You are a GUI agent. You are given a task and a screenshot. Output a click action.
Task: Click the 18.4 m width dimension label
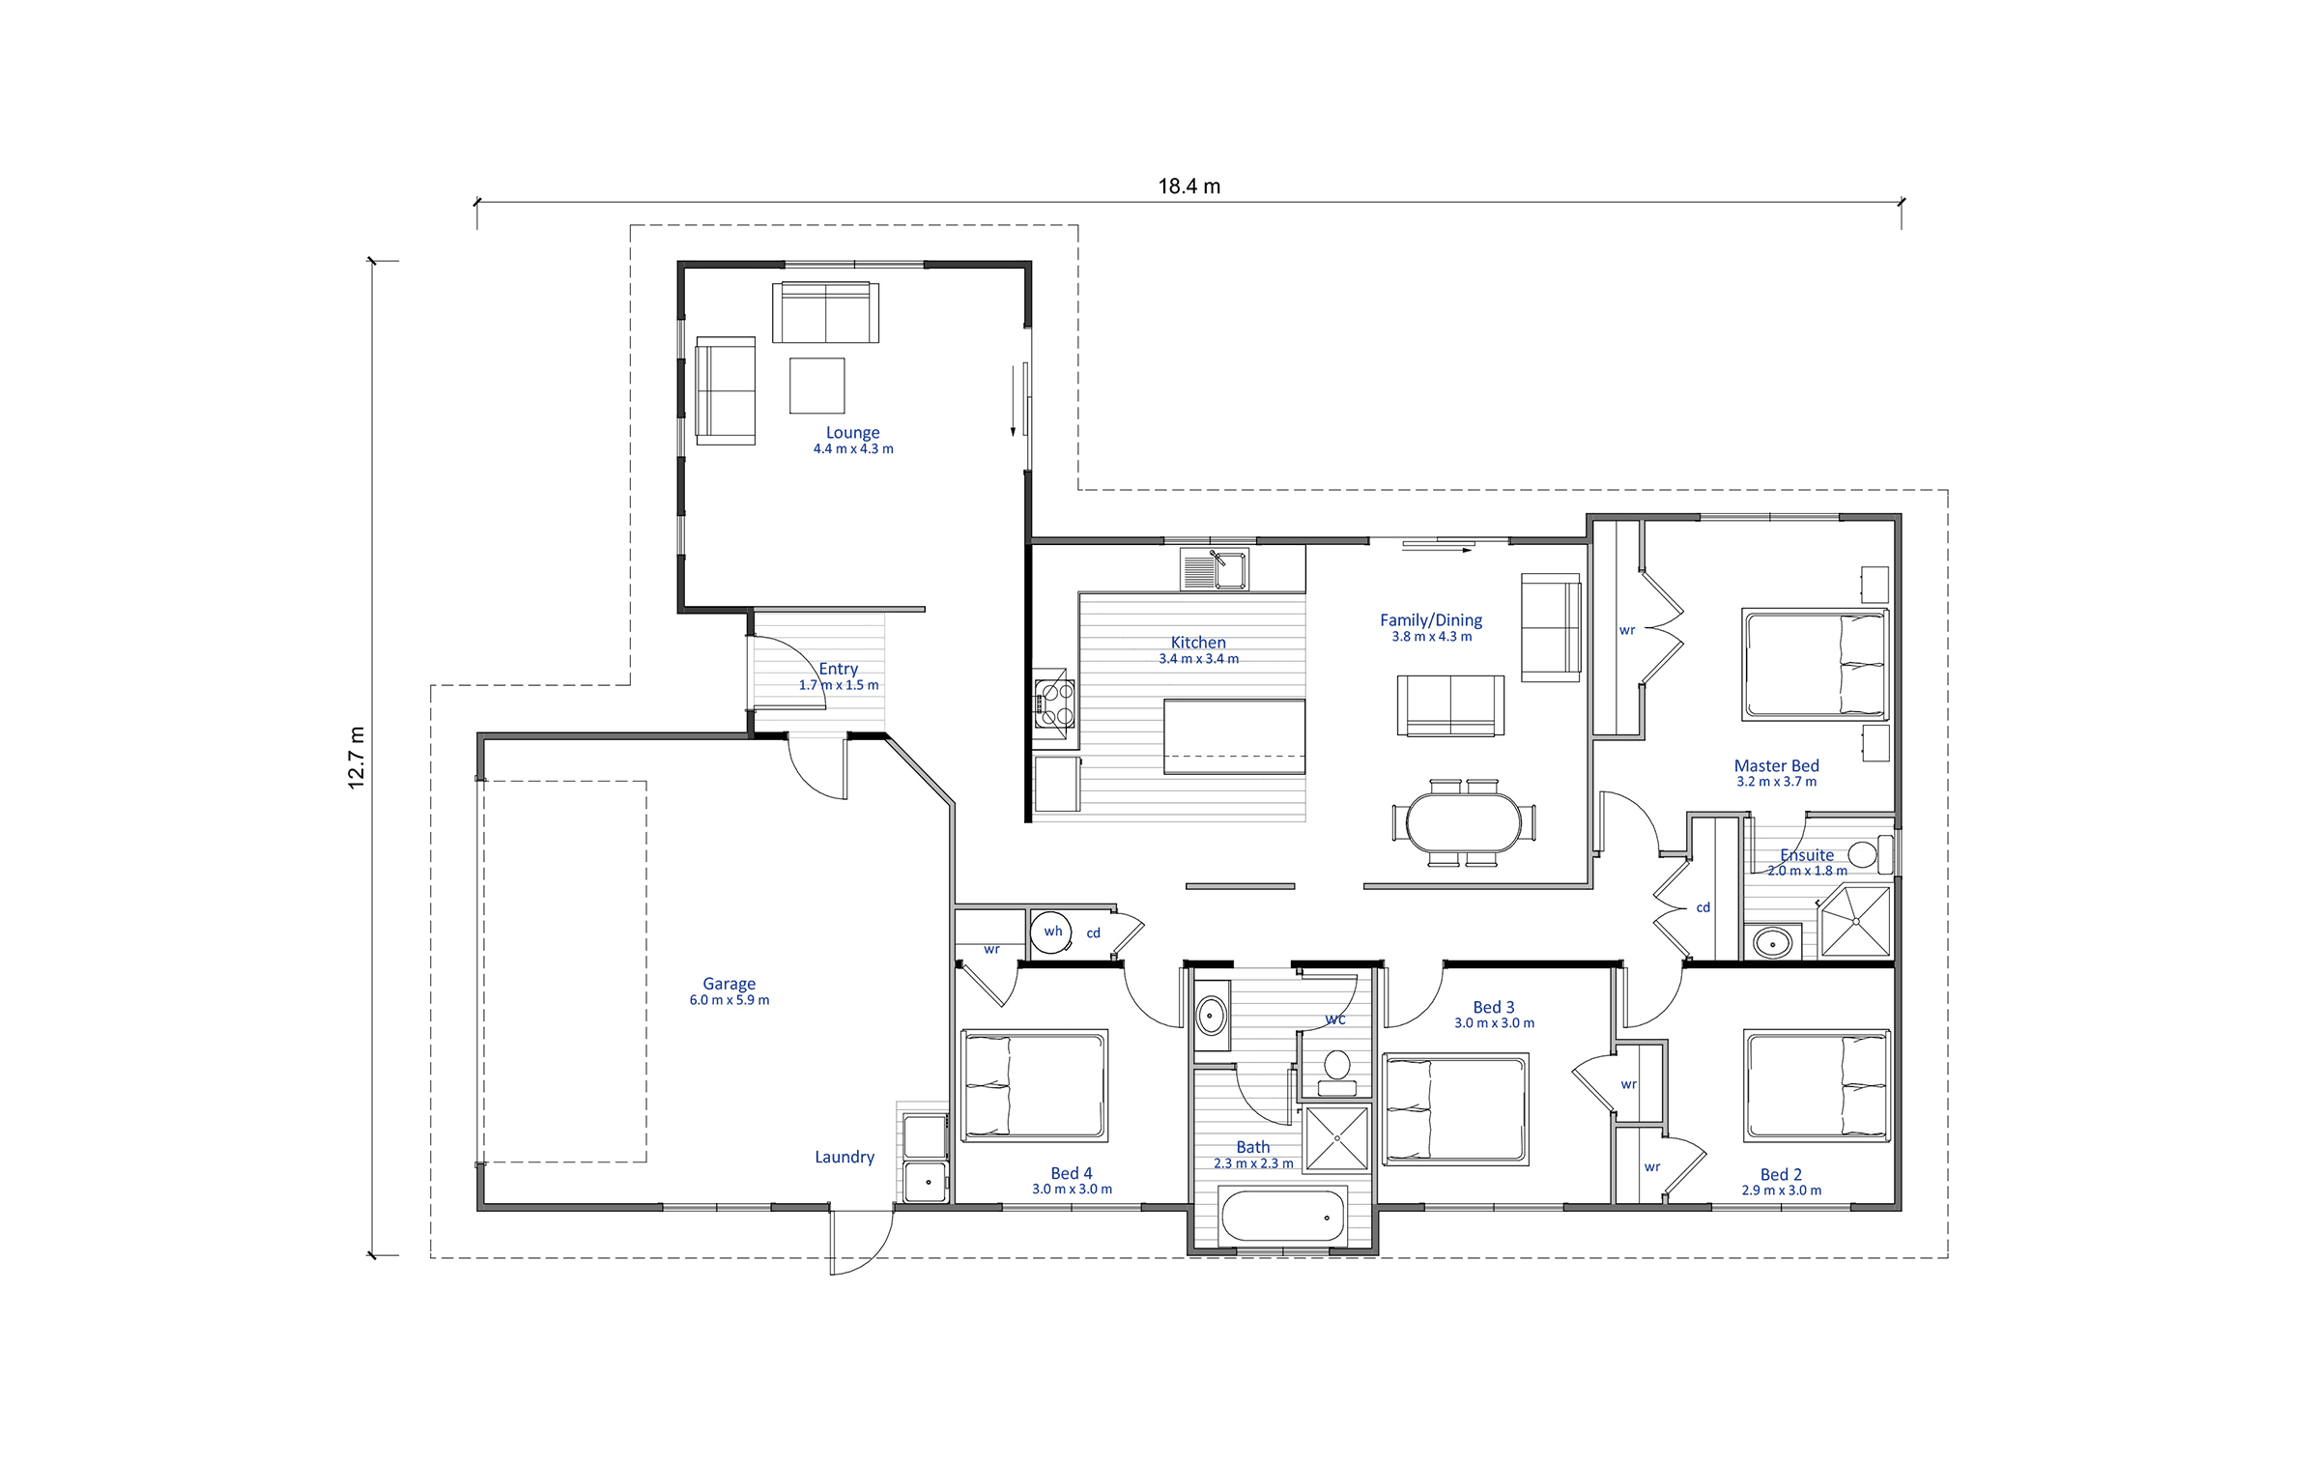(1188, 186)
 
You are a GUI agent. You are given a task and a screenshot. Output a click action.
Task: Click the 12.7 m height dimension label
(357, 758)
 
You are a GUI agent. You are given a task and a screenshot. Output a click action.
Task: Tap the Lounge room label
(852, 432)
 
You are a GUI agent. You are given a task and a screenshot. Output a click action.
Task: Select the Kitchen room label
(1198, 642)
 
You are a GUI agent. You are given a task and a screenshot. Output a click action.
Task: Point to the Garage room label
(729, 983)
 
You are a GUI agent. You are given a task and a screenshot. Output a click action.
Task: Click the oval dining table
(1464, 822)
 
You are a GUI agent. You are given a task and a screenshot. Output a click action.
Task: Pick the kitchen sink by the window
(1215, 569)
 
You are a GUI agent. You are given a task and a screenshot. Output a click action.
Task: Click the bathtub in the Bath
(1283, 1216)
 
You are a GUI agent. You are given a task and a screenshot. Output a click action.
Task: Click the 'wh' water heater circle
(1052, 932)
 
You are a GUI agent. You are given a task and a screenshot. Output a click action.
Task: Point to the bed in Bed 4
(1034, 1085)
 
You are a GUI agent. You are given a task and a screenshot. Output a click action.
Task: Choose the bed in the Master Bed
(1816, 664)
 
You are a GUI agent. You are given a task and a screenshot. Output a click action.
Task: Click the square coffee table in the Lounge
(816, 386)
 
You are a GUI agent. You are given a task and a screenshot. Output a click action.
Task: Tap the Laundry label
(845, 1157)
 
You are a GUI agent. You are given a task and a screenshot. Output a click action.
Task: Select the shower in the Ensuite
(1855, 921)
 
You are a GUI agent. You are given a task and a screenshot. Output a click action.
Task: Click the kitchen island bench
(1234, 737)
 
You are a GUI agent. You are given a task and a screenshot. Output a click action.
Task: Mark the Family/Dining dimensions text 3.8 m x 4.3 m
(1431, 637)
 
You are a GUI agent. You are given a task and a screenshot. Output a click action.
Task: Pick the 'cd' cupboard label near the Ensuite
(1703, 907)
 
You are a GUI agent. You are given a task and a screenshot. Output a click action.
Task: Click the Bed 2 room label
(1781, 1174)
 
